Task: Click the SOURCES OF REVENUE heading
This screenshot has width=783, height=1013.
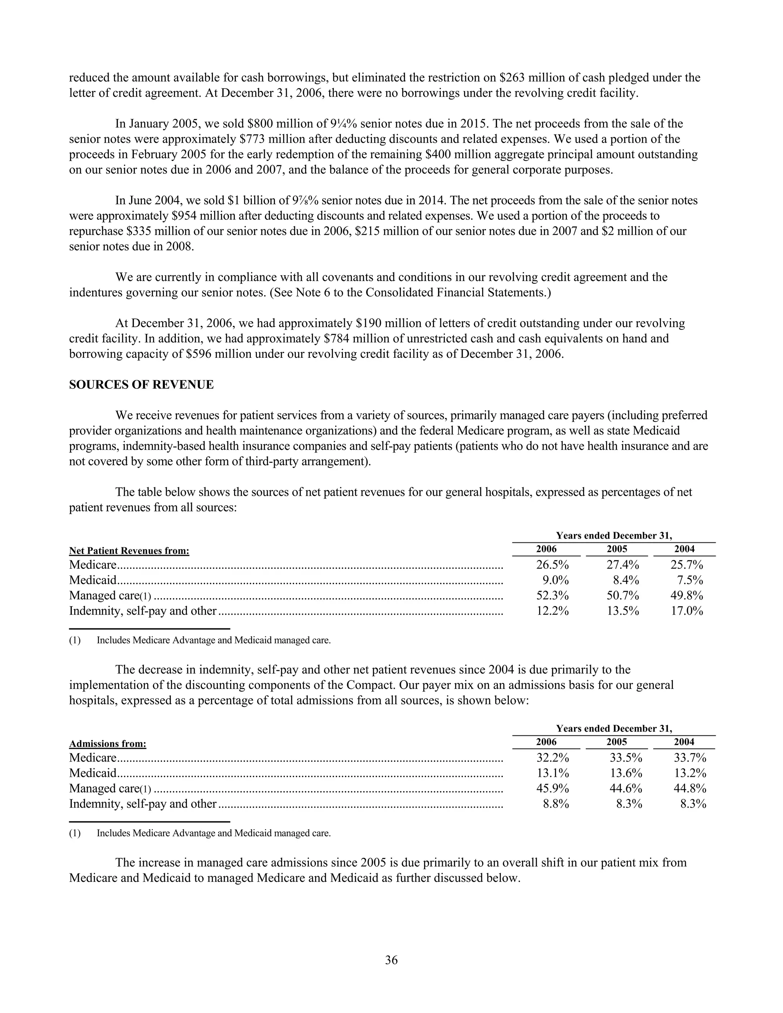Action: click(x=141, y=385)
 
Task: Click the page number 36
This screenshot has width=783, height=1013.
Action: click(x=391, y=960)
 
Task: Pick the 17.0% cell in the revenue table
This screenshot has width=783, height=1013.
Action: click(x=687, y=611)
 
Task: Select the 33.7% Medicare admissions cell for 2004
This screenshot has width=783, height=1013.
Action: click(x=690, y=758)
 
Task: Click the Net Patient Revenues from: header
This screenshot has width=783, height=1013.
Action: click(x=129, y=551)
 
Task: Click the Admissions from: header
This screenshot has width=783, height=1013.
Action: click(x=107, y=744)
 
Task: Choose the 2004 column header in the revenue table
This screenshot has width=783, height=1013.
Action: click(x=684, y=549)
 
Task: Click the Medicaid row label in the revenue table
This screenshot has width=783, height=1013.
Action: click(x=93, y=580)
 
